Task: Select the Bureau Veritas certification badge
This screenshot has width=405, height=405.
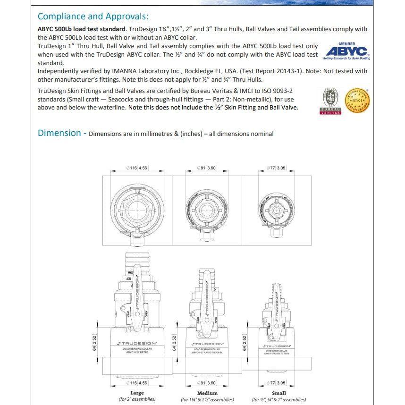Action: [x=330, y=101]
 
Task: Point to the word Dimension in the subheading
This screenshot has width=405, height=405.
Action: [x=59, y=133]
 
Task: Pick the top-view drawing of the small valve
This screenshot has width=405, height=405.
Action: [x=276, y=208]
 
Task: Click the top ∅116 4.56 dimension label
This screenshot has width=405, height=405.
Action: [x=137, y=168]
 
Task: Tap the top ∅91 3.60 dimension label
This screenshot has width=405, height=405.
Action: [x=207, y=168]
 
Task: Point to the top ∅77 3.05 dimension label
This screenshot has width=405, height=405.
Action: [x=276, y=168]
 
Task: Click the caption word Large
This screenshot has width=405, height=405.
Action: [x=137, y=393]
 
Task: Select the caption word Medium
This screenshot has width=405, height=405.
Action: [x=207, y=393]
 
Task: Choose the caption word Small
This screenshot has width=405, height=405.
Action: [x=279, y=393]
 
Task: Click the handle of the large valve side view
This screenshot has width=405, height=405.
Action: [x=137, y=293]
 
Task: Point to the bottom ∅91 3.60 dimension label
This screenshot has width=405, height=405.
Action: [x=207, y=383]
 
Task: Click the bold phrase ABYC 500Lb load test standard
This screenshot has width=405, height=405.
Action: [x=81, y=29]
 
